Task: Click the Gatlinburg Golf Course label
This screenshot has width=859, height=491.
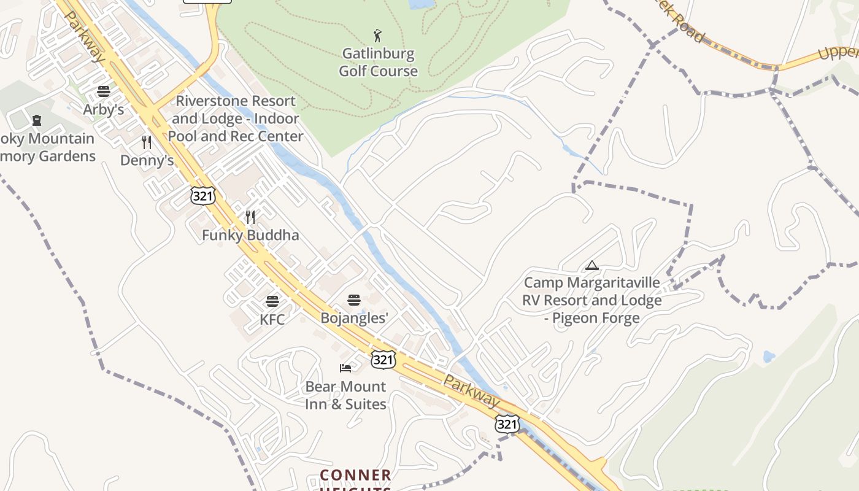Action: point(378,63)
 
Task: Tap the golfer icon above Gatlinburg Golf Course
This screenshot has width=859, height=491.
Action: point(377,36)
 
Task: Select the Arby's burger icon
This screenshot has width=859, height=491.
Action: point(104,92)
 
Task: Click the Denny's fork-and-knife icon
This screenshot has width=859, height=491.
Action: point(147,142)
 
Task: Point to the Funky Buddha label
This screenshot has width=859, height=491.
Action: point(250,235)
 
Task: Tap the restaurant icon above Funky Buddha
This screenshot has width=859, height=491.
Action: point(250,217)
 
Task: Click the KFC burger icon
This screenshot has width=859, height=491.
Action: point(272,301)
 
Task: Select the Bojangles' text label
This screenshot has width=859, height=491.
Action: point(355,318)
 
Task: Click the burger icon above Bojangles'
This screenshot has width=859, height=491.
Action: point(354,300)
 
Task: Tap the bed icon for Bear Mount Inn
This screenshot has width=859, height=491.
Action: point(346,368)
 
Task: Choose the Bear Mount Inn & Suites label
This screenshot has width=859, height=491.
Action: point(346,395)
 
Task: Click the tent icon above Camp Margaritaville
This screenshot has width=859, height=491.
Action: point(591,265)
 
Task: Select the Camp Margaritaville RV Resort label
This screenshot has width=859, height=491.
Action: point(592,300)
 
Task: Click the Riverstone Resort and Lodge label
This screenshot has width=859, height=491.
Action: point(236,118)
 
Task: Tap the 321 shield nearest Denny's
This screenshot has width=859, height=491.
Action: point(202,195)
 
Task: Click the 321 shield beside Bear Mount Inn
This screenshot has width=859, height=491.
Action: point(383,359)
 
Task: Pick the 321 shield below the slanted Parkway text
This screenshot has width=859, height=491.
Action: point(507,423)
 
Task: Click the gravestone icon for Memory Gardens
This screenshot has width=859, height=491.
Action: point(37,120)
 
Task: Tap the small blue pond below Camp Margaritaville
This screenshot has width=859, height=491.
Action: point(768,356)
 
